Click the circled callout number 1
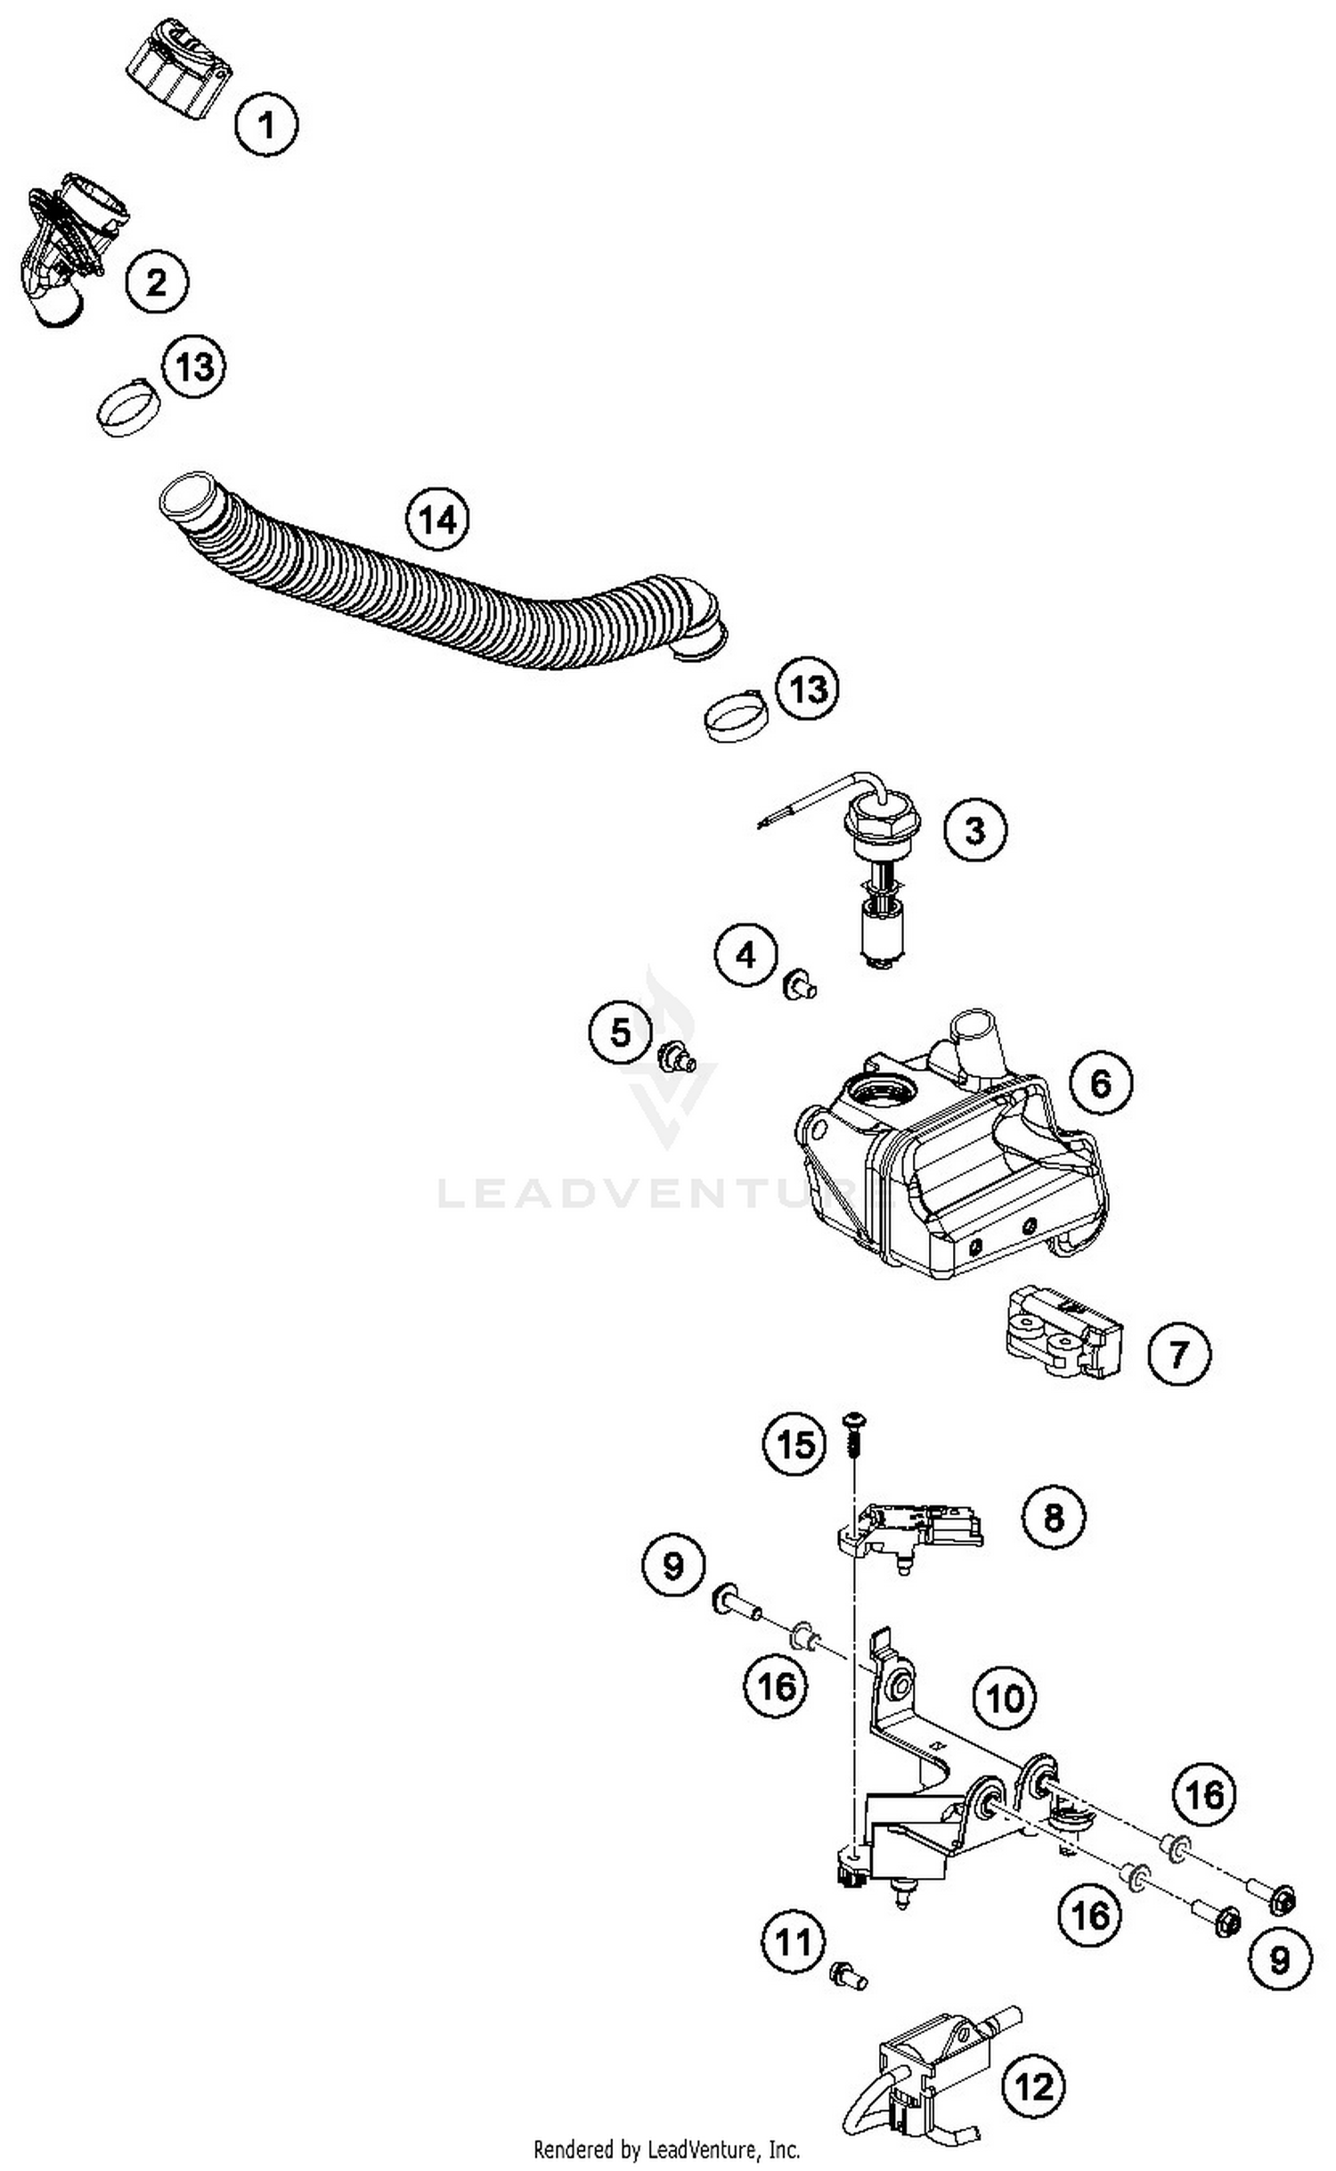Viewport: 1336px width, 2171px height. pyautogui.click(x=266, y=125)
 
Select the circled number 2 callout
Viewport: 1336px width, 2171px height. pyautogui.click(x=157, y=282)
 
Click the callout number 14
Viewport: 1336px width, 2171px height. pyautogui.click(x=437, y=518)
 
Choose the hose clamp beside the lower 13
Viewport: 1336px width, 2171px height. pyautogui.click(x=736, y=716)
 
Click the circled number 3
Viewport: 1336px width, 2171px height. pyautogui.click(x=975, y=829)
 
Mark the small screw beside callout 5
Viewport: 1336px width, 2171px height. pyautogui.click(x=676, y=1059)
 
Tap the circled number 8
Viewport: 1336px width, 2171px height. pyautogui.click(x=1054, y=1515)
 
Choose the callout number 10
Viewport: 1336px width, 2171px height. pyautogui.click(x=1005, y=1698)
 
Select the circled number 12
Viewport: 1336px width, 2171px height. pyautogui.click(x=1034, y=2086)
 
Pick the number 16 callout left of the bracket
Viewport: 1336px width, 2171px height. pyautogui.click(x=776, y=1685)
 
